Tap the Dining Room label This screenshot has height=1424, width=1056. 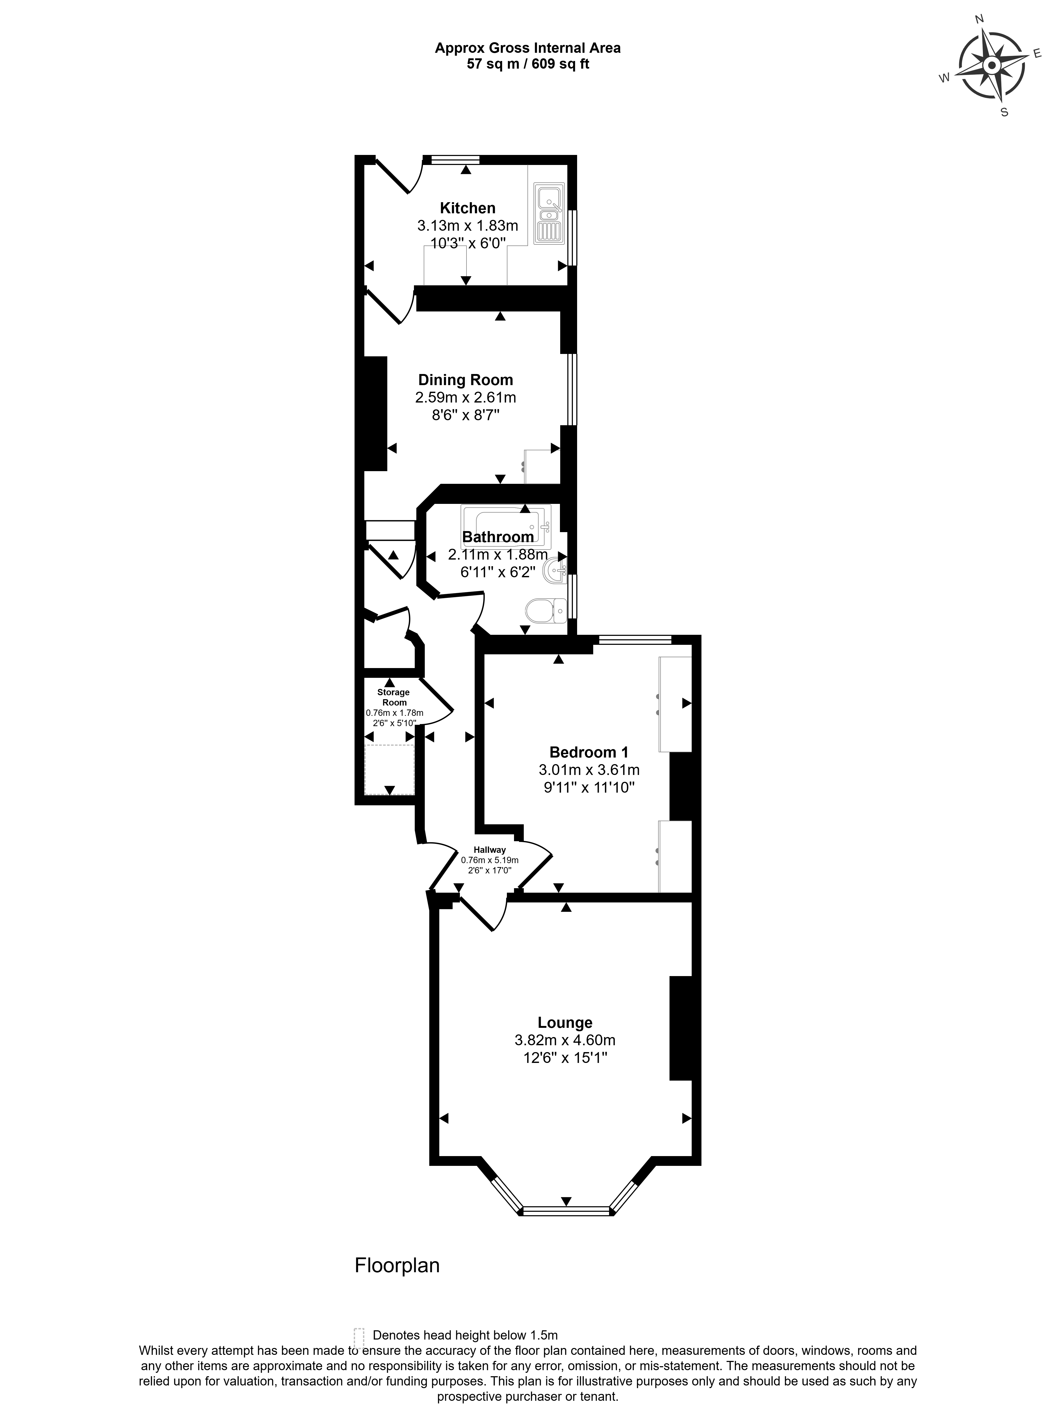[465, 380]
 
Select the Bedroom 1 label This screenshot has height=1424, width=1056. [589, 752]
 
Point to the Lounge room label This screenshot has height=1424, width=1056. [565, 1023]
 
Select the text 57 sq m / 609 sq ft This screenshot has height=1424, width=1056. [528, 64]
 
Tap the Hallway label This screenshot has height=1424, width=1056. [490, 849]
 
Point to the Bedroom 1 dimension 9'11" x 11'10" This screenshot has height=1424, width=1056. [589, 787]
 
